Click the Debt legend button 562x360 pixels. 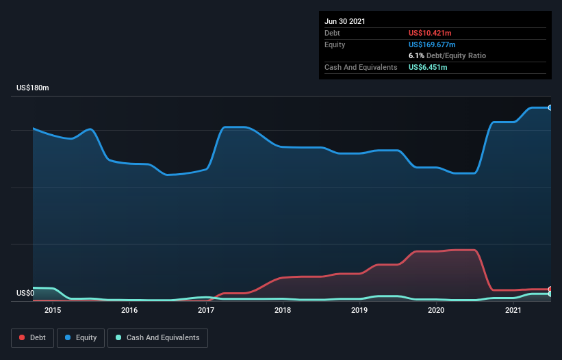tap(34, 337)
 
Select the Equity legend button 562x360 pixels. tap(81, 337)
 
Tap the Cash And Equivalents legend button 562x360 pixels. tap(157, 337)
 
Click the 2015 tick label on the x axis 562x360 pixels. tap(53, 311)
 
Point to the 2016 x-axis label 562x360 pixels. tap(129, 311)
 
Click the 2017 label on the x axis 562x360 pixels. tap(206, 311)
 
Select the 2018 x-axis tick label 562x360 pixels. tap(283, 311)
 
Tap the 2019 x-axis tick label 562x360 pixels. tap(360, 311)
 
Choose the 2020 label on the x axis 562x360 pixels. tap(437, 311)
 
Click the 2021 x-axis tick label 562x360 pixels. tap(513, 311)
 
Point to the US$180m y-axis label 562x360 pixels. tap(33, 88)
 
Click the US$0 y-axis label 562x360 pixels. tap(25, 293)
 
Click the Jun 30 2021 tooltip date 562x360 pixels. tap(345, 21)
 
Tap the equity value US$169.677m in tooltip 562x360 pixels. tap(433, 44)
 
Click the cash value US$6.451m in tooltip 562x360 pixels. tap(429, 67)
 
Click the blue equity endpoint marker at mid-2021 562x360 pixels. tap(550, 107)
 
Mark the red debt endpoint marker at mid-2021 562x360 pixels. tap(550, 289)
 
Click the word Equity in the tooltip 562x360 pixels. tap(335, 44)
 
